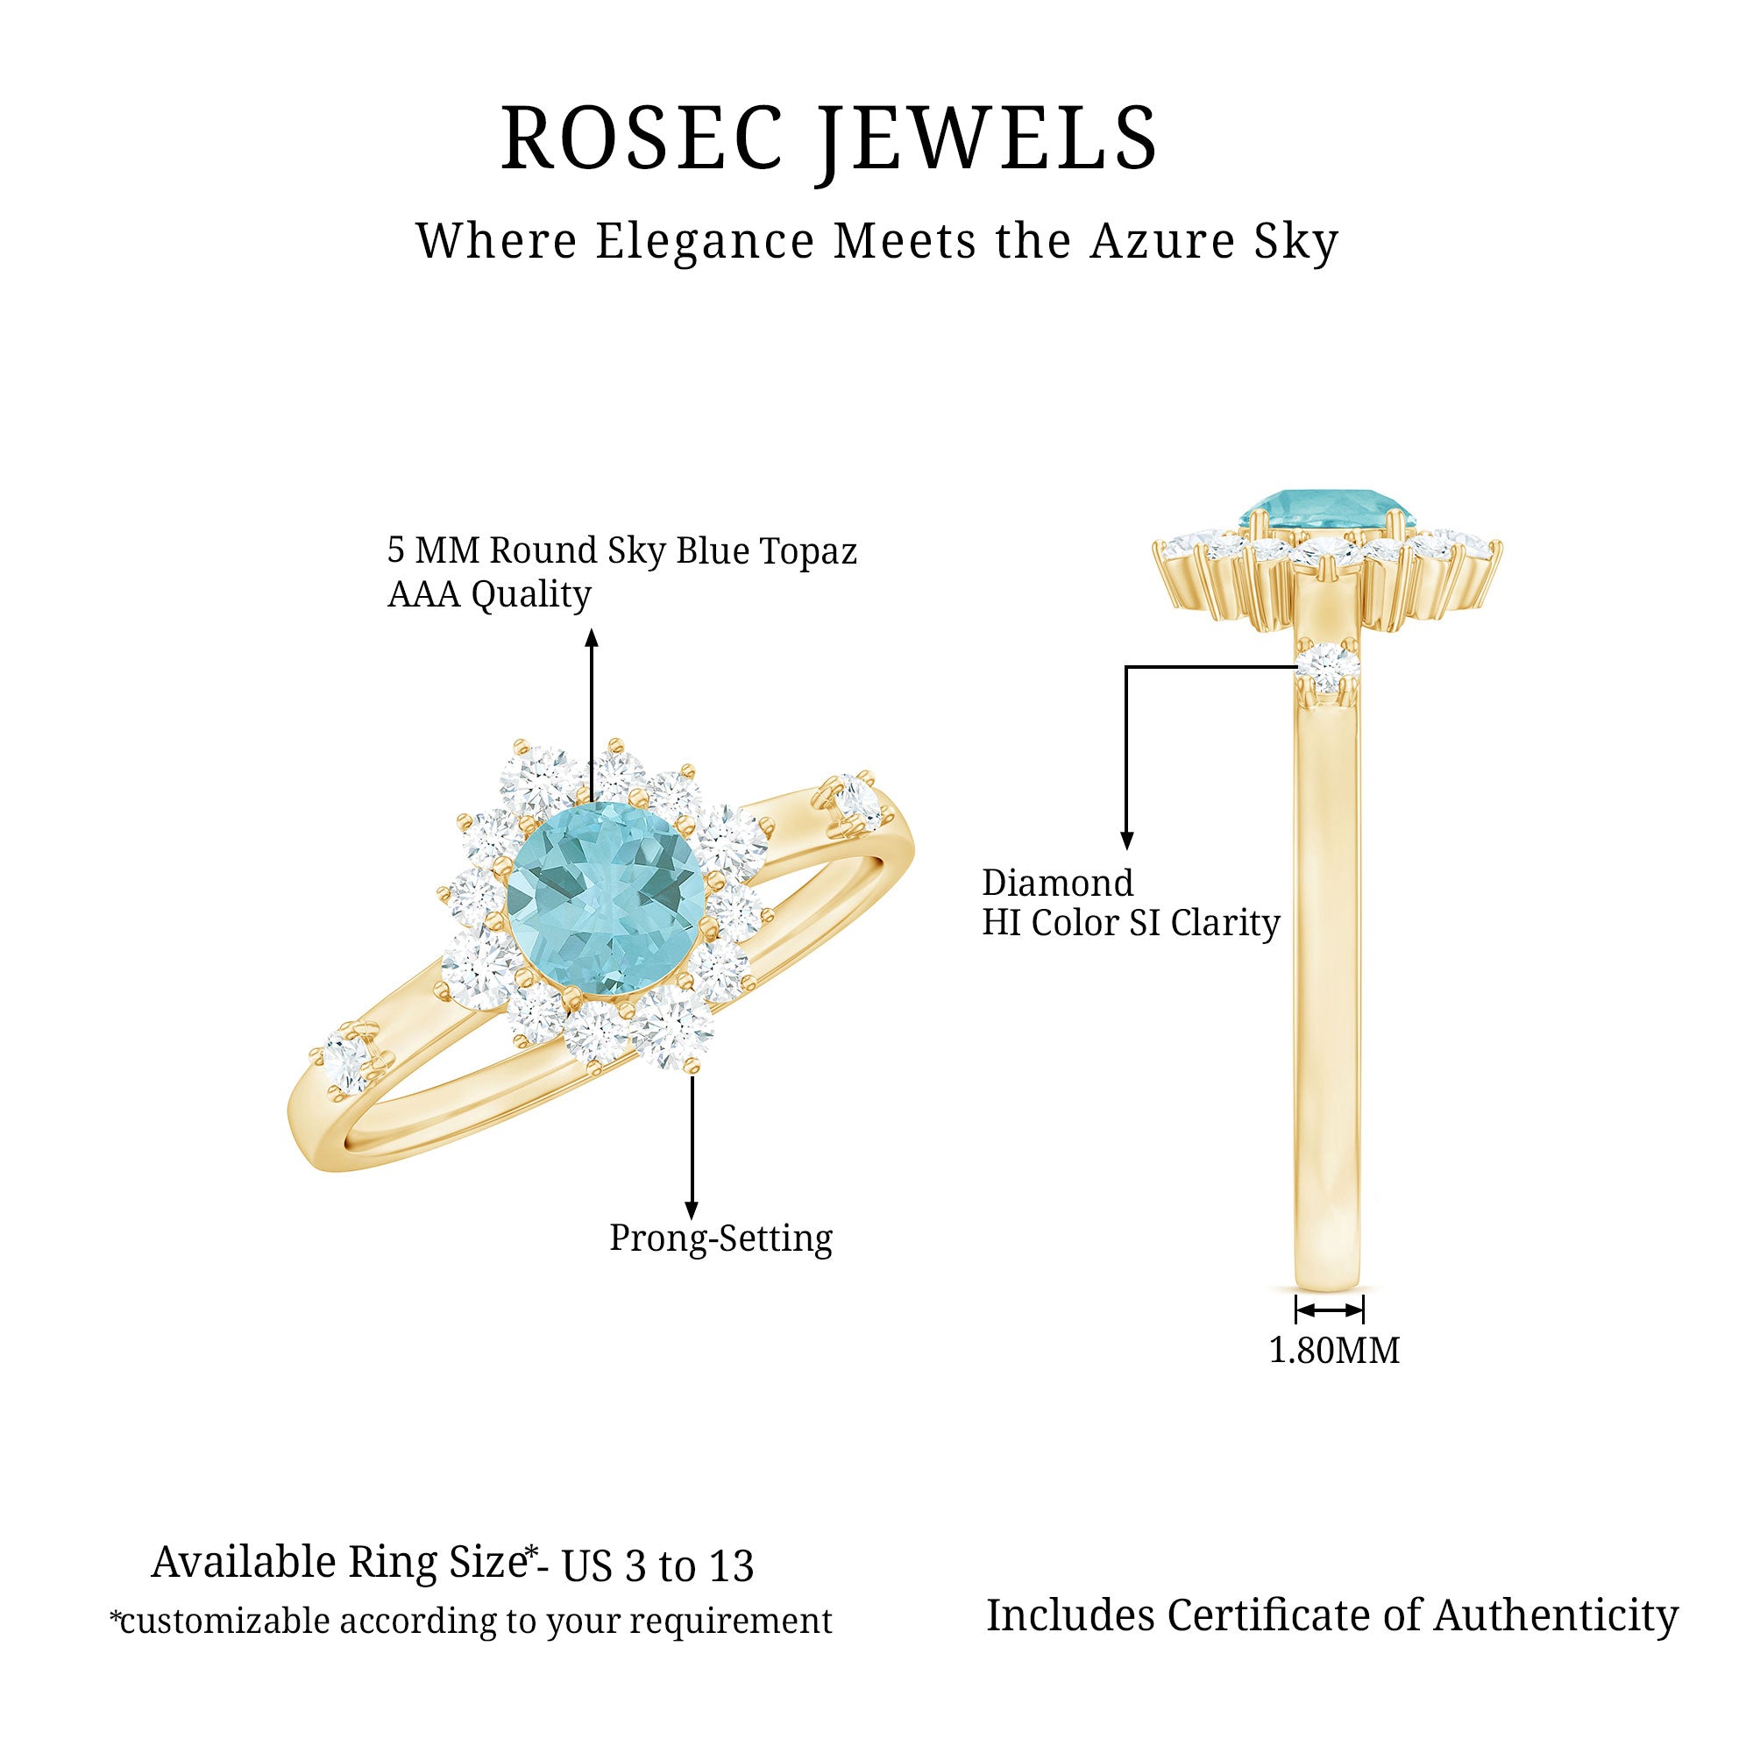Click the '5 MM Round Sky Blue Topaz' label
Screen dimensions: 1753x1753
[x=622, y=550]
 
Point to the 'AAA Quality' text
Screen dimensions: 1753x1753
[x=489, y=595]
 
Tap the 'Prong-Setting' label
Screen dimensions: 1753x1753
[x=720, y=1238]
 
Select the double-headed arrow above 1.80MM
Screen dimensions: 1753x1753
[x=1330, y=1309]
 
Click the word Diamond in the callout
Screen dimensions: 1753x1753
[x=1058, y=883]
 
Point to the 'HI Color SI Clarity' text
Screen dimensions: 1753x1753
[x=1132, y=924]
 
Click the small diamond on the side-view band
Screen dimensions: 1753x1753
[x=1330, y=667]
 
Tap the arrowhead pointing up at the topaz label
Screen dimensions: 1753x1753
[x=592, y=638]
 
